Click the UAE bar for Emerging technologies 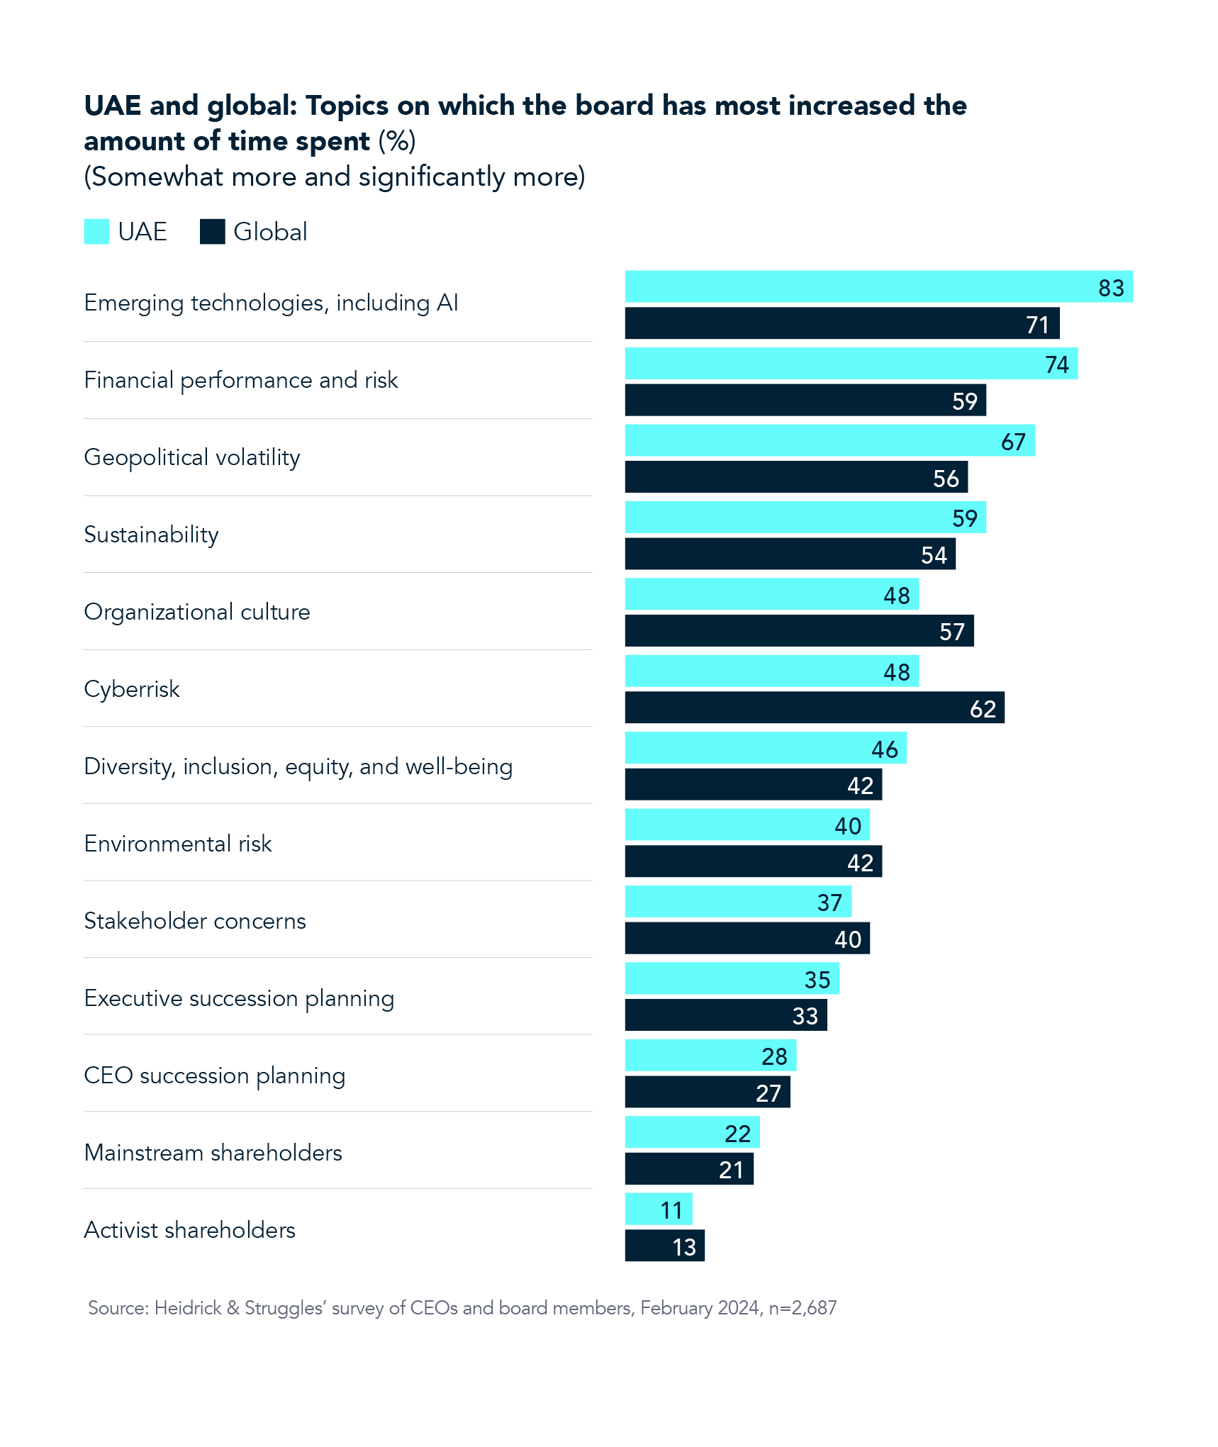pyautogui.click(x=878, y=286)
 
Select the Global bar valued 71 pyautogui.click(x=842, y=323)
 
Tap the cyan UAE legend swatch pyautogui.click(x=96, y=232)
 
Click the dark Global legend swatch pyautogui.click(x=212, y=232)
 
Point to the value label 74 pyautogui.click(x=1056, y=364)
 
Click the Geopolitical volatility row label pyautogui.click(x=192, y=457)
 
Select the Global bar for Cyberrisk pyautogui.click(x=814, y=708)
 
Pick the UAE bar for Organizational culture pyautogui.click(x=771, y=594)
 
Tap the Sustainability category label pyautogui.click(x=151, y=535)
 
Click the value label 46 pyautogui.click(x=884, y=749)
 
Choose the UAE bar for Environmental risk pyautogui.click(x=747, y=825)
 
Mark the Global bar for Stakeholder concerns pyautogui.click(x=747, y=939)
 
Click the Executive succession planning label pyautogui.click(x=239, y=998)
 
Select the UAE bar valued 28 pyautogui.click(x=710, y=1056)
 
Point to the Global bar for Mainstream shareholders pyautogui.click(x=688, y=1169)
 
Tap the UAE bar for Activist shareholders pyautogui.click(x=658, y=1209)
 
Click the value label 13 pyautogui.click(x=683, y=1247)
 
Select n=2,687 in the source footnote pyautogui.click(x=803, y=1308)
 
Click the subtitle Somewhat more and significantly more pyautogui.click(x=335, y=177)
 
